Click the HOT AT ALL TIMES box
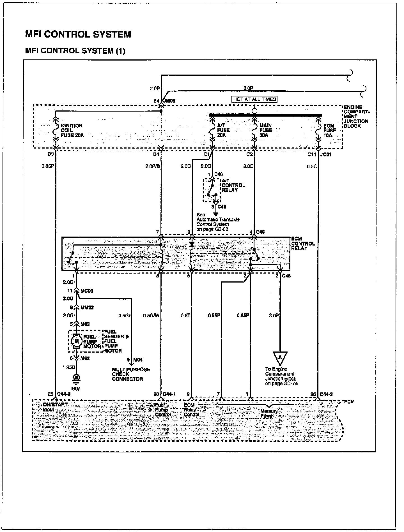(x=254, y=99)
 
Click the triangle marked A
(x=280, y=357)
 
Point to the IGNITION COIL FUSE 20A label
(x=72, y=130)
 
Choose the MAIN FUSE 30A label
(x=266, y=130)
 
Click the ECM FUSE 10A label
(x=329, y=130)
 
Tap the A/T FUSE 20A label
(x=223, y=130)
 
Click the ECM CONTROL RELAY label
(x=303, y=243)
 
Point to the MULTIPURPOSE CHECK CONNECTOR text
(x=131, y=374)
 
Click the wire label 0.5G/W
(x=151, y=315)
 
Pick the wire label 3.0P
(x=274, y=315)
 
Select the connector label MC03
(x=87, y=291)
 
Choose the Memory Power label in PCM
(x=269, y=413)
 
